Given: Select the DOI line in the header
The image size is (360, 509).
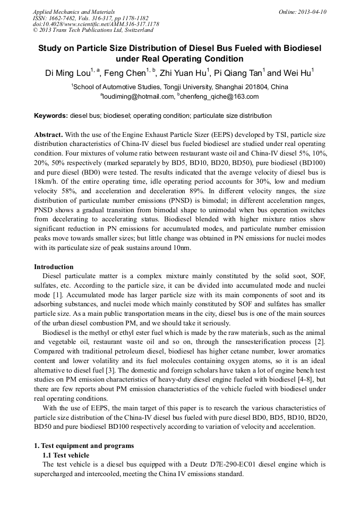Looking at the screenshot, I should pyautogui.click(x=96, y=24).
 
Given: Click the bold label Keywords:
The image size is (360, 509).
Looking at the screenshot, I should pyautogui.click(x=51, y=115).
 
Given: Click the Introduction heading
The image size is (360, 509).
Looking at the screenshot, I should pyautogui.click(x=54, y=266).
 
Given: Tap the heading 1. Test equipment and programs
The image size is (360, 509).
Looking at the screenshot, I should pyautogui.click(x=84, y=445).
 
